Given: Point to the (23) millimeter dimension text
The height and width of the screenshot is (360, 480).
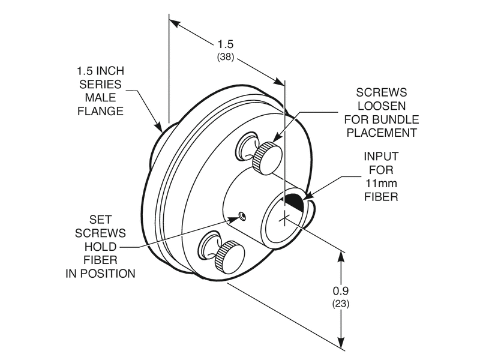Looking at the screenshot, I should pos(341,304).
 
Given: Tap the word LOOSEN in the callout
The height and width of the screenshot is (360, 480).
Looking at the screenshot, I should pos(382,106).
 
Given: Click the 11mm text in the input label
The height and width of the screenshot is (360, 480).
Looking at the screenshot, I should pos(382,183).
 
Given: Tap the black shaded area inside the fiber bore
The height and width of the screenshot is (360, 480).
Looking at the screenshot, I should pos(293,201).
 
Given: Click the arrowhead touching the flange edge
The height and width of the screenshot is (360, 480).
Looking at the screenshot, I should pos(160,128).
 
